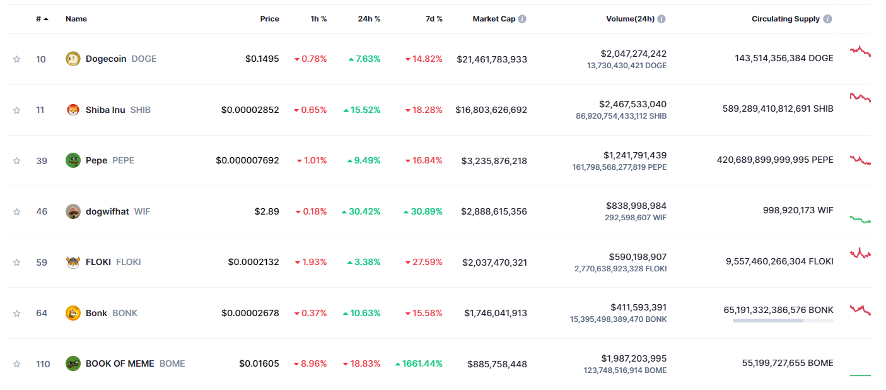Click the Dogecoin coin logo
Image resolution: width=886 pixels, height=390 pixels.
pyautogui.click(x=73, y=59)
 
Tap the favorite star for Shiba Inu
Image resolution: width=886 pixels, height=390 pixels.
pyautogui.click(x=16, y=110)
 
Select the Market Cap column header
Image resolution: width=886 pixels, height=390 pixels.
pyautogui.click(x=494, y=19)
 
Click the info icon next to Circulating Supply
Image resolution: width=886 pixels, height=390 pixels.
pyautogui.click(x=827, y=19)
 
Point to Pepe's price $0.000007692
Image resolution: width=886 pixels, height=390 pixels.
pyautogui.click(x=247, y=160)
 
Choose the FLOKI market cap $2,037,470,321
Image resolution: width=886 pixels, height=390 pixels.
pyautogui.click(x=494, y=262)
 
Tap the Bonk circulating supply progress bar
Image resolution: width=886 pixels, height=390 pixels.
pyautogui.click(x=783, y=321)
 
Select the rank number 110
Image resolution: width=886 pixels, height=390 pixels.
pyautogui.click(x=43, y=363)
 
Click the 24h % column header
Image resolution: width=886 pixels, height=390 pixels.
pyautogui.click(x=369, y=19)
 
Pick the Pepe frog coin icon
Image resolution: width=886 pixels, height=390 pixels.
pyautogui.click(x=73, y=160)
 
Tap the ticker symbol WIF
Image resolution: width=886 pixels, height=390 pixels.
pyautogui.click(x=142, y=211)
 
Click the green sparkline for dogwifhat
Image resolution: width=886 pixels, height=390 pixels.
pyautogui.click(x=860, y=220)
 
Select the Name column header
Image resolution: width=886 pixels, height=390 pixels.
pyautogui.click(x=76, y=19)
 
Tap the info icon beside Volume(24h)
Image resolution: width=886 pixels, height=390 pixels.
pyautogui.click(x=661, y=19)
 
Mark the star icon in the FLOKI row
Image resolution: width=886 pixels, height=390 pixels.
pyautogui.click(x=16, y=262)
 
